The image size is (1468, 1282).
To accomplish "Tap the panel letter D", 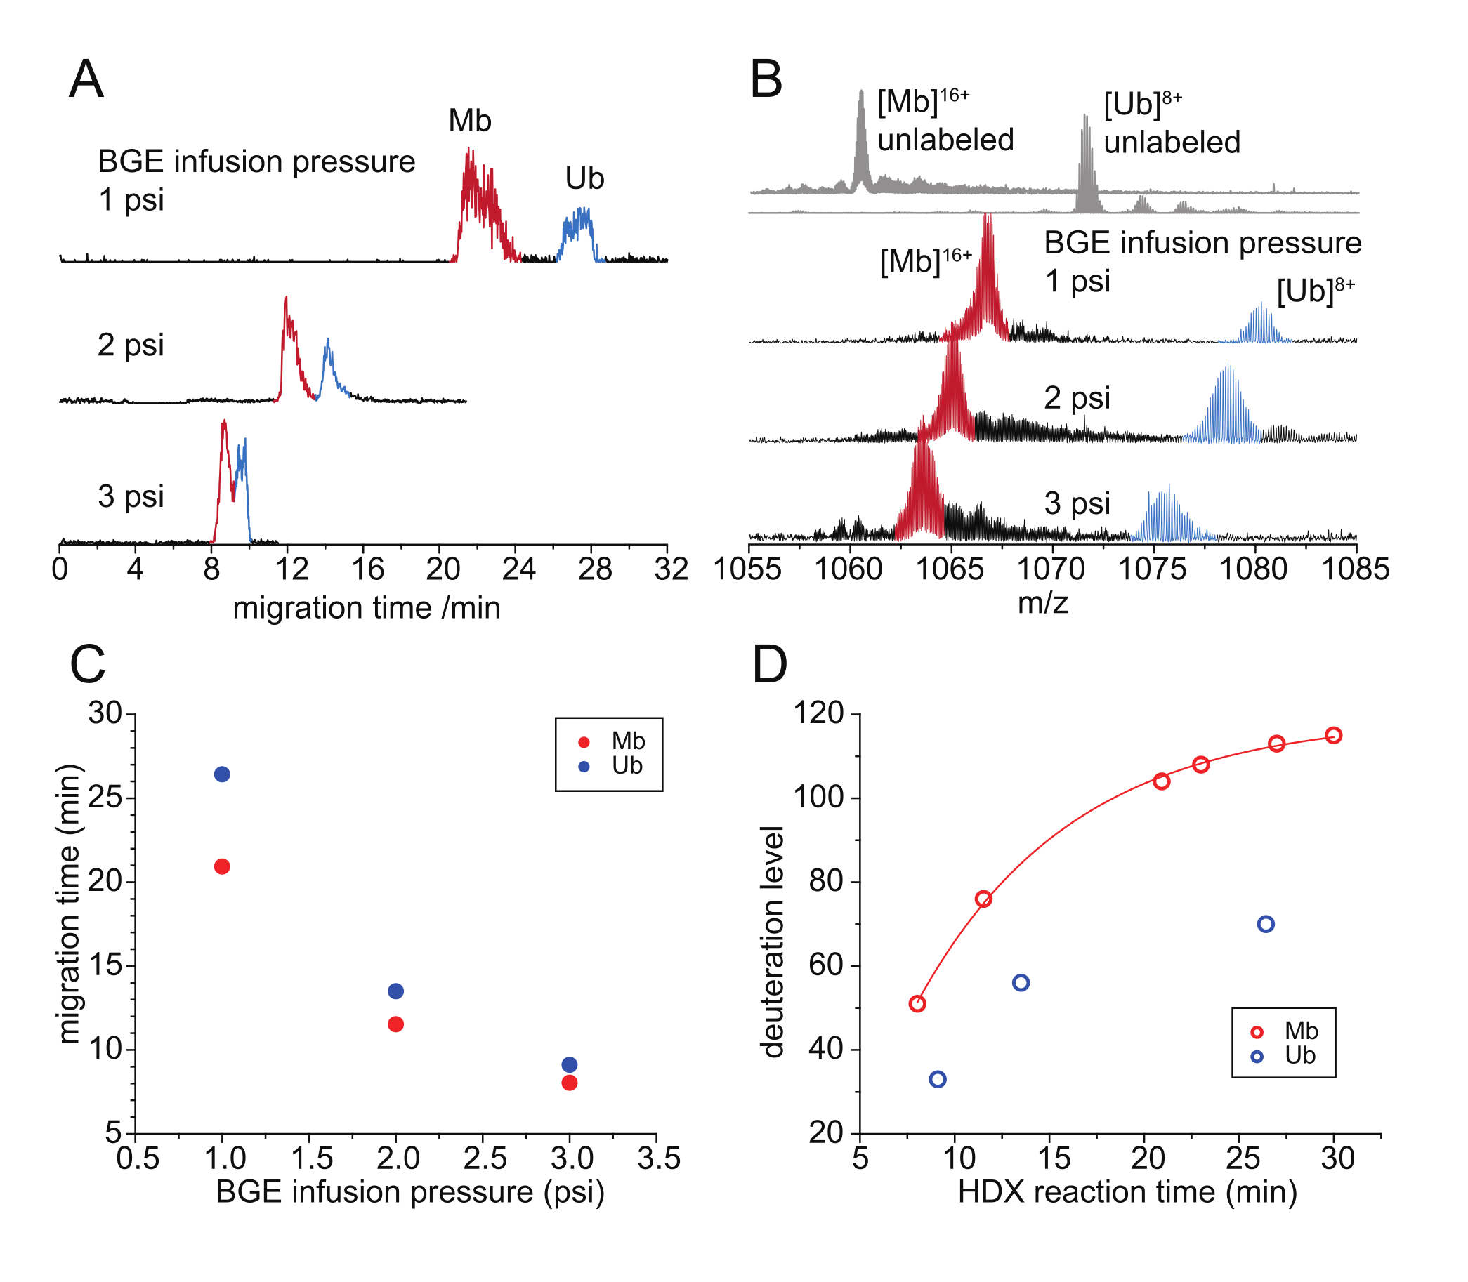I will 769,665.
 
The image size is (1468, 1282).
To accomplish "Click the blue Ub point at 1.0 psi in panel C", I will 222,774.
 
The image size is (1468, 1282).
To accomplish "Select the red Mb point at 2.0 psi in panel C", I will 395,1024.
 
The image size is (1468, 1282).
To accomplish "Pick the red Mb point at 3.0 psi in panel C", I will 569,1083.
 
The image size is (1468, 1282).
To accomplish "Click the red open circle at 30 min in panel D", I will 1332,736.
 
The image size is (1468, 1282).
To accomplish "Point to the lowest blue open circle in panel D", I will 937,1079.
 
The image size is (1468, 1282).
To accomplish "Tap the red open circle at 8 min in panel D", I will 917,1004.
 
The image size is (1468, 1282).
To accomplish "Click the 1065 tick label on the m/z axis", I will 950,569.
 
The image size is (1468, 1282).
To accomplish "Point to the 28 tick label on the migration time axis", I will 595,569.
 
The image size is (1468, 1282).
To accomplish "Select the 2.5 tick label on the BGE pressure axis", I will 485,1158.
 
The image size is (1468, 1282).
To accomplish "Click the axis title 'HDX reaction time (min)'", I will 1127,1192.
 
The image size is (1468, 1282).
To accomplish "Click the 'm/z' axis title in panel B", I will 1043,603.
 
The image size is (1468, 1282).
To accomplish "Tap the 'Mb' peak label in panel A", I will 469,121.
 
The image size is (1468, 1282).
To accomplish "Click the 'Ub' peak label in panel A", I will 584,179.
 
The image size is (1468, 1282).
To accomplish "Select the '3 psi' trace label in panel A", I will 130,496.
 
